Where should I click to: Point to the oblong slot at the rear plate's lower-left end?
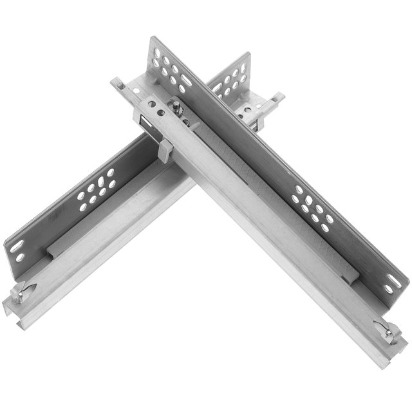(17, 247)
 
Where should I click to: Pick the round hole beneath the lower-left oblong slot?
(21, 258)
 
